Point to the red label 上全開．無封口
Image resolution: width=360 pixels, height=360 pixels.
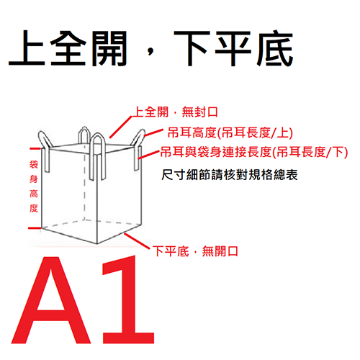176,112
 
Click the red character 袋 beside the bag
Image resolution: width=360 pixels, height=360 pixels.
33,165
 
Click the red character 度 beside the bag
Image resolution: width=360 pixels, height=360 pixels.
33,209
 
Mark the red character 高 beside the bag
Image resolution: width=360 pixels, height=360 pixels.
33,194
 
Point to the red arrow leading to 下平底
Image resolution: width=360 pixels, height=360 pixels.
138,241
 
